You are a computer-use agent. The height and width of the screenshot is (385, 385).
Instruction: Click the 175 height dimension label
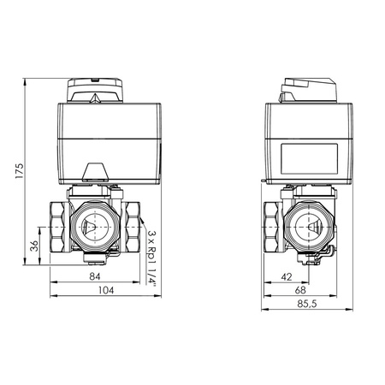pyautogui.click(x=19, y=171)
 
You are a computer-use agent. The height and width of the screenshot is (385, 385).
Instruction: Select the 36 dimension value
pyautogui.click(x=34, y=246)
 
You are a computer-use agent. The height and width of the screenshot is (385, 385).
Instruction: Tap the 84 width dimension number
pyautogui.click(x=95, y=276)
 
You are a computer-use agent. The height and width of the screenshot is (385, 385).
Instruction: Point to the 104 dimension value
pyautogui.click(x=106, y=290)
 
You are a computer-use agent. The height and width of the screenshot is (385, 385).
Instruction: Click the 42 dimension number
pyautogui.click(x=287, y=277)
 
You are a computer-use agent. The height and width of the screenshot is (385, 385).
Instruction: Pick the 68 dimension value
pyautogui.click(x=300, y=290)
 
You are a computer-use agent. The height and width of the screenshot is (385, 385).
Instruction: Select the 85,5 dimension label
pyautogui.click(x=307, y=304)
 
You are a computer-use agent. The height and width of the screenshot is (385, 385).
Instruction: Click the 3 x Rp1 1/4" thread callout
pyautogui.click(x=152, y=258)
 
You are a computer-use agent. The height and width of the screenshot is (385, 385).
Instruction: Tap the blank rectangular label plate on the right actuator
pyautogui.click(x=310, y=158)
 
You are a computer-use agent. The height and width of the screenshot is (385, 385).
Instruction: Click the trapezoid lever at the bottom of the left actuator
pyautogui.click(x=96, y=172)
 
